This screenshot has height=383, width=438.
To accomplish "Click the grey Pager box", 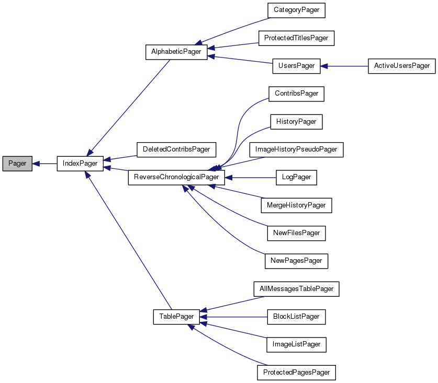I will (17, 164).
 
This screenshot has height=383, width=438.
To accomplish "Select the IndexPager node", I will (80, 164).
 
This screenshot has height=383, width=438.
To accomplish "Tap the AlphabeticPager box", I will (176, 52).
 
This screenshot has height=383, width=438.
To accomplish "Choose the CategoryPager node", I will (296, 10).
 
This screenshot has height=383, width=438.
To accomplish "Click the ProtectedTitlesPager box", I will (296, 38).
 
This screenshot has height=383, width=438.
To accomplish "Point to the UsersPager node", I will (296, 66).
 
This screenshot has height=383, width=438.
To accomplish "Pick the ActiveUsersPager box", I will (401, 66).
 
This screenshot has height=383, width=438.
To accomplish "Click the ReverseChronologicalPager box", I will (176, 177).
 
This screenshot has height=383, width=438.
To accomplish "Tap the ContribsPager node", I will (296, 94).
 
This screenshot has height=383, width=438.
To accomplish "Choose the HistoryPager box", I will (296, 122).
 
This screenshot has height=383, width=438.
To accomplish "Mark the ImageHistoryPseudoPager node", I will (296, 149).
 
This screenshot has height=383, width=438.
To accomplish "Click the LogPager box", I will (296, 177).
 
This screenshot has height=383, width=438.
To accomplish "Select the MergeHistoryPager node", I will (296, 205).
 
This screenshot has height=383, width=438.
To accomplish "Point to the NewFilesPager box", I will (296, 233).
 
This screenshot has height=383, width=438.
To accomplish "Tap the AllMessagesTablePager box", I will (296, 288).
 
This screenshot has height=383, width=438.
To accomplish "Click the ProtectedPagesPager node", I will (296, 372).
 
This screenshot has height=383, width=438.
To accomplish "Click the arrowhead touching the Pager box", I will (36, 164).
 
